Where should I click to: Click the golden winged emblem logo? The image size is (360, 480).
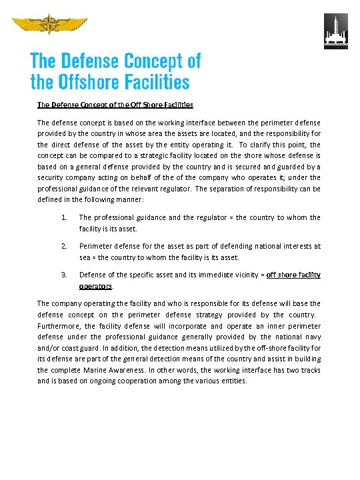pyautogui.click(x=49, y=26)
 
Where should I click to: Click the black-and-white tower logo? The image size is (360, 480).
pyautogui.click(x=335, y=31)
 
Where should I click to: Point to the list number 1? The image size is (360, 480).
pyautogui.click(x=63, y=217)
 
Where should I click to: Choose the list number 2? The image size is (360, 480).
pyautogui.click(x=63, y=246)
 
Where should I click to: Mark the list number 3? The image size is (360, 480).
pyautogui.click(x=63, y=275)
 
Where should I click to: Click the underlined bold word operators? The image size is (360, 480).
pyautogui.click(x=95, y=285)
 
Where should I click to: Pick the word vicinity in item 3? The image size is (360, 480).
pyautogui.click(x=242, y=275)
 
